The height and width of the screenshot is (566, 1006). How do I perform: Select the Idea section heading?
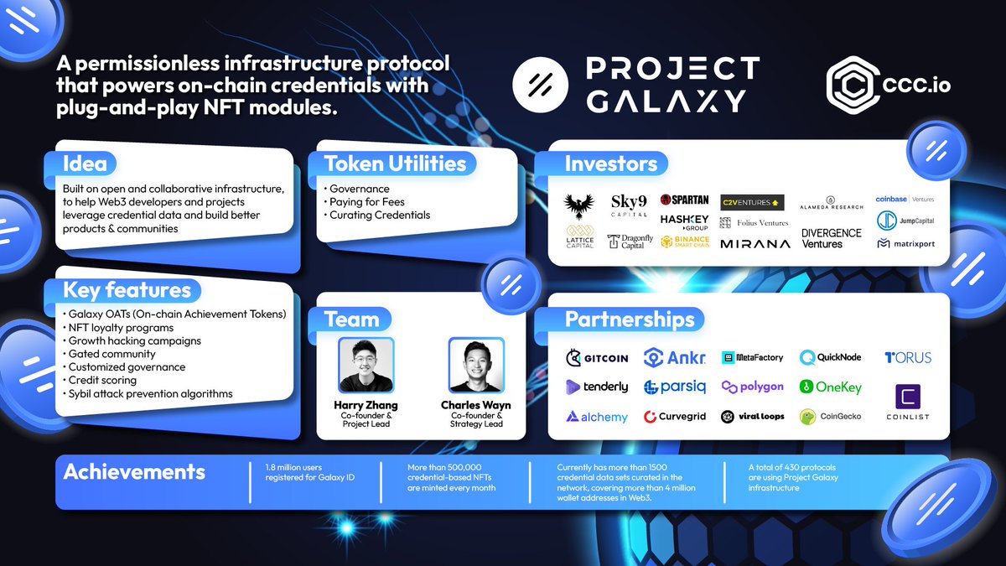85,164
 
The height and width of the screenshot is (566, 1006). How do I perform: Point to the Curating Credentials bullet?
380,215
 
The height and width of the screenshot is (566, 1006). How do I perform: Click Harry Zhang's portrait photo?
366,366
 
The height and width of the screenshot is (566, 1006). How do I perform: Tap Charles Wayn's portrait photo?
476,366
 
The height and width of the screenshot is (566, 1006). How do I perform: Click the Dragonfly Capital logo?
630,242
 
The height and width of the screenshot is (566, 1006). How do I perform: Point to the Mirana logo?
754,244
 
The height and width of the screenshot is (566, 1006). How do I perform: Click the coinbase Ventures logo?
905,200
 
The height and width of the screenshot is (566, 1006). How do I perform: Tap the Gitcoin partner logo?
597,358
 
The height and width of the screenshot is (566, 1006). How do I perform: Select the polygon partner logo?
752,387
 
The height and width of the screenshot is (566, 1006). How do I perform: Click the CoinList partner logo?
909,402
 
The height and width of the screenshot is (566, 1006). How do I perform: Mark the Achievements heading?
134,471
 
